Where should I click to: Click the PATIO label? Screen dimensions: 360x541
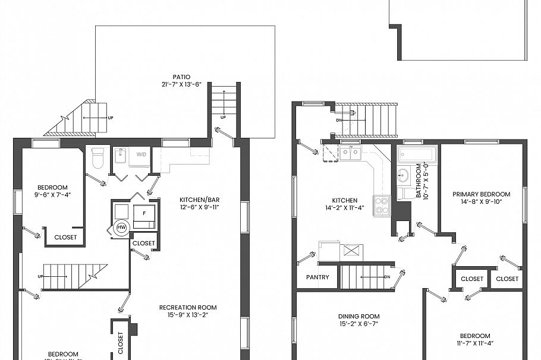(181, 77)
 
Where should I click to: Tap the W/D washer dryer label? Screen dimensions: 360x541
(141, 154)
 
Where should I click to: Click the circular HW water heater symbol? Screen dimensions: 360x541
(121, 228)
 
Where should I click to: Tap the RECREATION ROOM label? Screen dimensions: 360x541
(187, 307)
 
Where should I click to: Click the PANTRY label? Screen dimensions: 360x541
(317, 277)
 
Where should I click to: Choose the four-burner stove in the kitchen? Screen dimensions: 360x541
(381, 205)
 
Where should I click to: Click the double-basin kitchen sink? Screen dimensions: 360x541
(350, 154)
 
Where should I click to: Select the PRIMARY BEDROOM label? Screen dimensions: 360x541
(481, 194)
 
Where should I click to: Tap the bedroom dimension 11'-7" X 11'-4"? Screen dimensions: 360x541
(474, 343)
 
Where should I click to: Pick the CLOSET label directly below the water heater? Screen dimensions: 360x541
(143, 243)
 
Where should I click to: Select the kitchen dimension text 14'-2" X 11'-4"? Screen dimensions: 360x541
(345, 208)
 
